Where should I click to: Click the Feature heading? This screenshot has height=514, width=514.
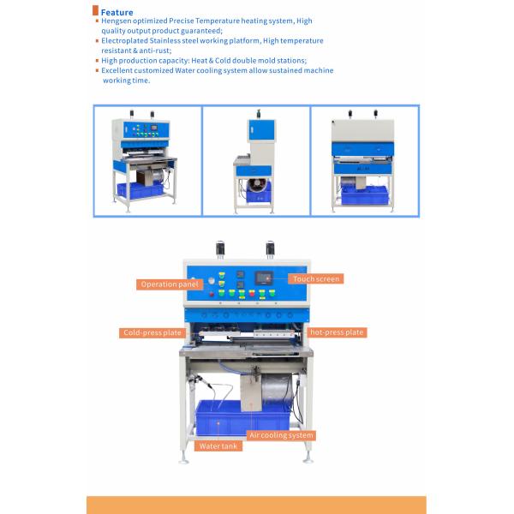tap(117, 13)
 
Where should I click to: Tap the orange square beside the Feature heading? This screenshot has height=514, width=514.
tap(95, 10)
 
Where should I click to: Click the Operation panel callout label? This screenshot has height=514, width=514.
tap(170, 284)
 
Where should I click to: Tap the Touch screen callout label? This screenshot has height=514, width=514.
tap(315, 279)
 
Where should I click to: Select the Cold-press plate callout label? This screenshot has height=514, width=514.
tap(152, 332)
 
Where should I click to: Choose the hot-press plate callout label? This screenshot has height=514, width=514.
tap(337, 332)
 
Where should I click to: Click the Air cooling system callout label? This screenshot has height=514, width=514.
tap(281, 435)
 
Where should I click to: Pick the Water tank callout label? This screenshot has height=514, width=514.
tap(218, 446)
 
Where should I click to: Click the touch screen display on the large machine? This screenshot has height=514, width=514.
tap(264, 278)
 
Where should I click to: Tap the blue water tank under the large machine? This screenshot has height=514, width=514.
tap(242, 417)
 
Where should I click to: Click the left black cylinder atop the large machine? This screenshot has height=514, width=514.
tap(220, 249)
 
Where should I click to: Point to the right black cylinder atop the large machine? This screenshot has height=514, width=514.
tap(270, 249)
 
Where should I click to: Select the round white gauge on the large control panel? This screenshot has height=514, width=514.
tap(212, 281)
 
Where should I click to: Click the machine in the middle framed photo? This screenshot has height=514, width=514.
tap(255, 161)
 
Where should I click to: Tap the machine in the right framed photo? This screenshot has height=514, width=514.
tap(363, 161)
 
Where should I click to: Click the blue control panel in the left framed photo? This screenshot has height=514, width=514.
tap(146, 130)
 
